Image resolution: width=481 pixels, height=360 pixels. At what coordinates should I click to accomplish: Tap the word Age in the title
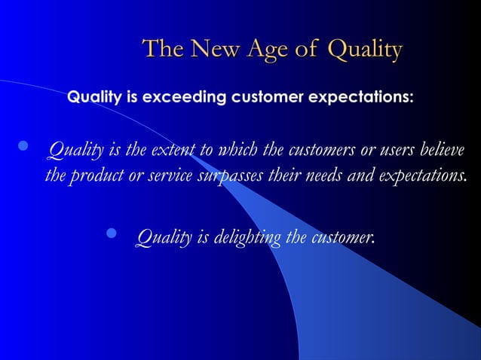269,50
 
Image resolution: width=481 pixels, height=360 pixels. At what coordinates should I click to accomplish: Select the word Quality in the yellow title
365,50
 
